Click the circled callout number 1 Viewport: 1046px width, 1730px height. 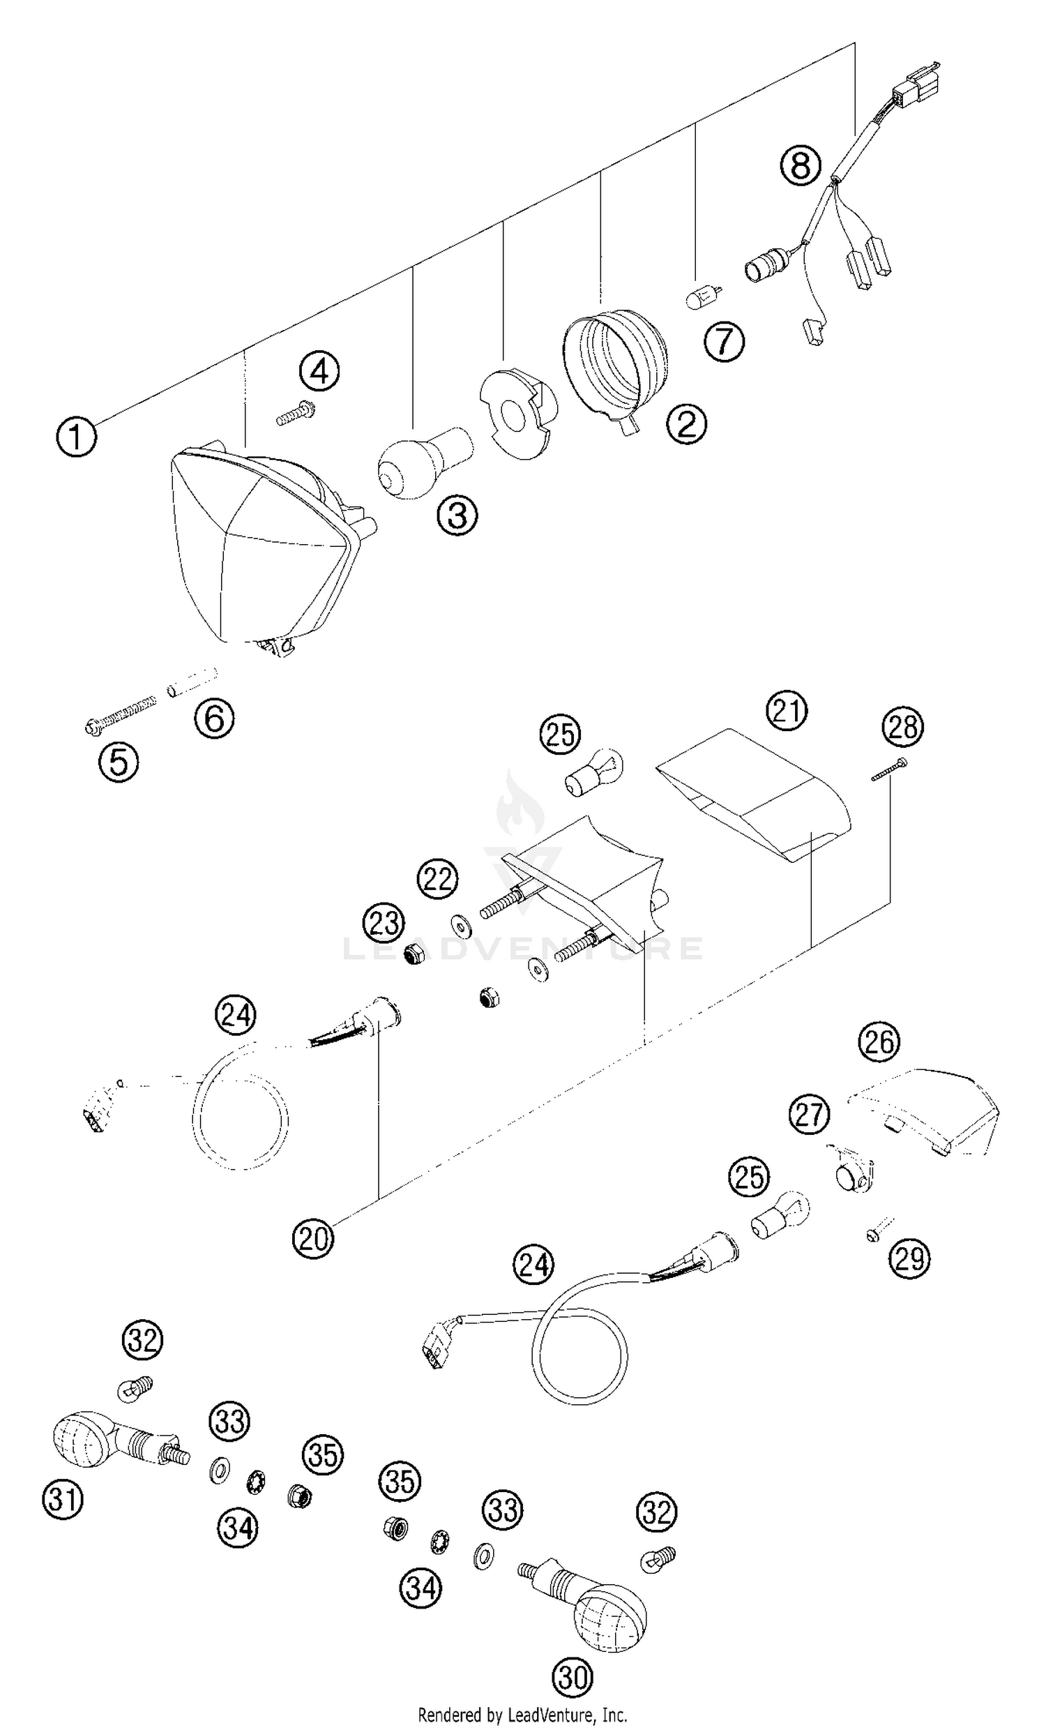pos(76,437)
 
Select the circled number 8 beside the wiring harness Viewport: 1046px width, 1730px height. pos(800,165)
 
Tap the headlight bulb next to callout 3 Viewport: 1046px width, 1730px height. pos(422,462)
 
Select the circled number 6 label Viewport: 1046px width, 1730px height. pos(214,718)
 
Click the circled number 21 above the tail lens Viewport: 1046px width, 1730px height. pos(787,710)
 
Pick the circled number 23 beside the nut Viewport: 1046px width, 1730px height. pos(384,924)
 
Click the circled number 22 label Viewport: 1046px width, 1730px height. pos(437,878)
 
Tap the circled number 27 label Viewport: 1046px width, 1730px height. pos(809,1114)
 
